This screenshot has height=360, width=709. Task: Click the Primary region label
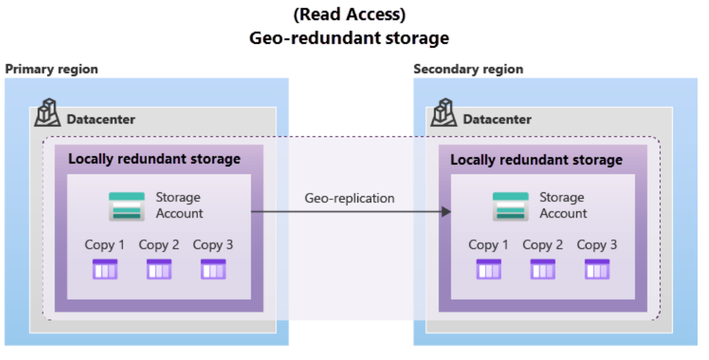pyautogui.click(x=51, y=69)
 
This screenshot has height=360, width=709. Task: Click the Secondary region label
pyautogui.click(x=468, y=69)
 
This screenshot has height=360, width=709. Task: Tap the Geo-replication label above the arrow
pyautogui.click(x=349, y=198)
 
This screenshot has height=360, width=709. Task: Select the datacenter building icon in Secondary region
pyautogui.click(x=444, y=114)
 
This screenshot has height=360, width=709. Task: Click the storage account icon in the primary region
pyautogui.click(x=126, y=206)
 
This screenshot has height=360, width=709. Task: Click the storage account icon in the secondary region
pyautogui.click(x=510, y=206)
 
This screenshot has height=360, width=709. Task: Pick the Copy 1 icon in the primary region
pyautogui.click(x=105, y=269)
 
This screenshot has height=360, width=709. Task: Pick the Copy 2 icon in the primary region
pyautogui.click(x=159, y=269)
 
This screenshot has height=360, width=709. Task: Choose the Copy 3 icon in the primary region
pyautogui.click(x=213, y=269)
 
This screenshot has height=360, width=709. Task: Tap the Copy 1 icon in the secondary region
pyautogui.click(x=489, y=269)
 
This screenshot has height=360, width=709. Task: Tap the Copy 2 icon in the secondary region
pyautogui.click(x=543, y=269)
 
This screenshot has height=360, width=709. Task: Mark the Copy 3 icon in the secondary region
pyautogui.click(x=597, y=269)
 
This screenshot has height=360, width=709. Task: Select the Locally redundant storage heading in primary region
pyautogui.click(x=154, y=159)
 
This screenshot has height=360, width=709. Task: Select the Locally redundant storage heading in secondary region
pyautogui.click(x=536, y=159)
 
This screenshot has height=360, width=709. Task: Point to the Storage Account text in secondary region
pyautogui.click(x=563, y=206)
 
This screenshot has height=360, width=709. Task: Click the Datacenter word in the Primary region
pyautogui.click(x=101, y=119)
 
